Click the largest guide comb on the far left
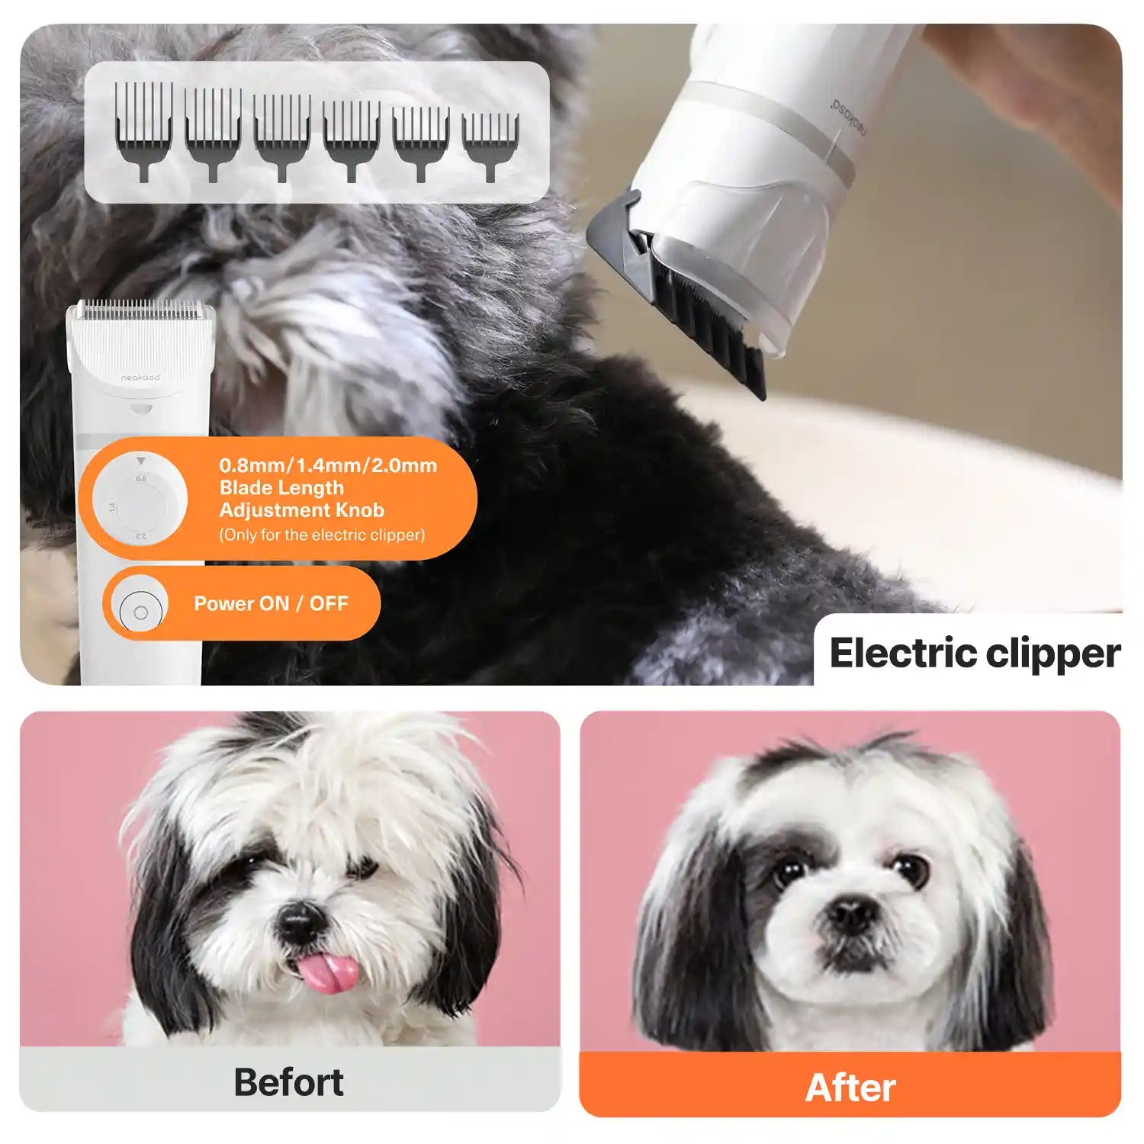144,130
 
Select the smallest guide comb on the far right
490,144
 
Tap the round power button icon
140,612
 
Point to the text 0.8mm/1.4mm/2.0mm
328,465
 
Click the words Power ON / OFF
271,603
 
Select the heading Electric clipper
974,654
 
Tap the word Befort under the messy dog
288,1081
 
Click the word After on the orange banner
850,1087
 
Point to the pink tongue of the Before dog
329,973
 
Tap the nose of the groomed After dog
851,912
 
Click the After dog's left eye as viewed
790,869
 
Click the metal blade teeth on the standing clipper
141,310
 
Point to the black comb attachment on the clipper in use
702,320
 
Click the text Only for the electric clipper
322,535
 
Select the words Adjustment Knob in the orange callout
302,510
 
